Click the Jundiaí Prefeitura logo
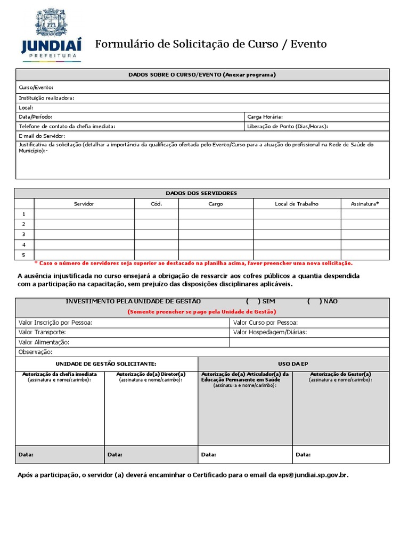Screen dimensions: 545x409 click(51, 35)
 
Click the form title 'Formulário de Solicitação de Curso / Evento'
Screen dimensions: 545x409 click(211, 44)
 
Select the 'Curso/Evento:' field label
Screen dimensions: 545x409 click(36, 87)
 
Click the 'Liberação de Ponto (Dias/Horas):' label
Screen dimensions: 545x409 click(288, 126)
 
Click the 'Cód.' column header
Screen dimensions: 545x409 click(156, 204)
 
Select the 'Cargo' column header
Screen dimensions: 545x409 click(216, 204)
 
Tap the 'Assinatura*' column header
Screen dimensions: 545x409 click(365, 204)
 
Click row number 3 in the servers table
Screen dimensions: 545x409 click(24, 234)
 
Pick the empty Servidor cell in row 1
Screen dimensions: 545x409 click(84, 214)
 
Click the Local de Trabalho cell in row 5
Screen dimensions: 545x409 click(297, 255)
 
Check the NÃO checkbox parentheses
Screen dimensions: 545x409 click(314, 301)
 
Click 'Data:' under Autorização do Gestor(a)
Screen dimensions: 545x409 click(304, 455)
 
